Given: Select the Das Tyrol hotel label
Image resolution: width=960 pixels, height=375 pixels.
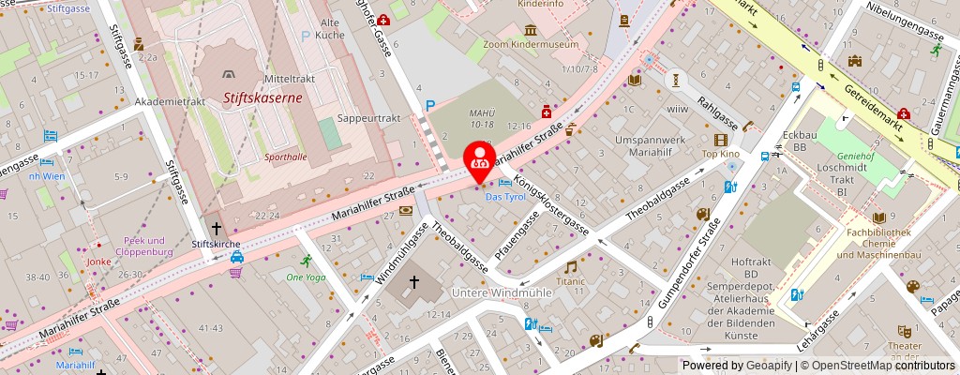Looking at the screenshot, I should [504, 196].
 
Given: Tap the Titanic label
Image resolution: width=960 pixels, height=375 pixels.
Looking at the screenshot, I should [570, 280].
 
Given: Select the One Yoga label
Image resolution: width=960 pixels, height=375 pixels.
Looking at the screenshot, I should [306, 277].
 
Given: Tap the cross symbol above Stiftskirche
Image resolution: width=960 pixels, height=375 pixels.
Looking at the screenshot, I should [217, 228].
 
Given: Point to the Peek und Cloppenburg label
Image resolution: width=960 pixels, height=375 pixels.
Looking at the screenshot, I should [149, 246].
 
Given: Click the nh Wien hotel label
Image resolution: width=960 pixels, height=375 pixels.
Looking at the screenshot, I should [46, 176].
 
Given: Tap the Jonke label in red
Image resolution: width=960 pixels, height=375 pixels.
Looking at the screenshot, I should [99, 262].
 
